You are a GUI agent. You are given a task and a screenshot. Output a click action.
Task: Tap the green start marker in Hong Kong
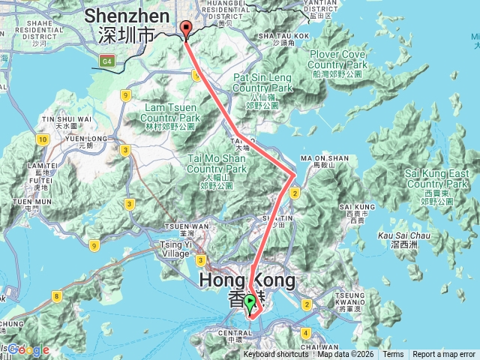(x=250, y=304)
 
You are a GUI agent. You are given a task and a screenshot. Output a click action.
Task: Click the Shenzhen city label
(x=126, y=24)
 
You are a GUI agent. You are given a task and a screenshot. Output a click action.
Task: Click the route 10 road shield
(x=40, y=139)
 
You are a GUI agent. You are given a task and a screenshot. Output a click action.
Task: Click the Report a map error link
(x=444, y=354)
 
